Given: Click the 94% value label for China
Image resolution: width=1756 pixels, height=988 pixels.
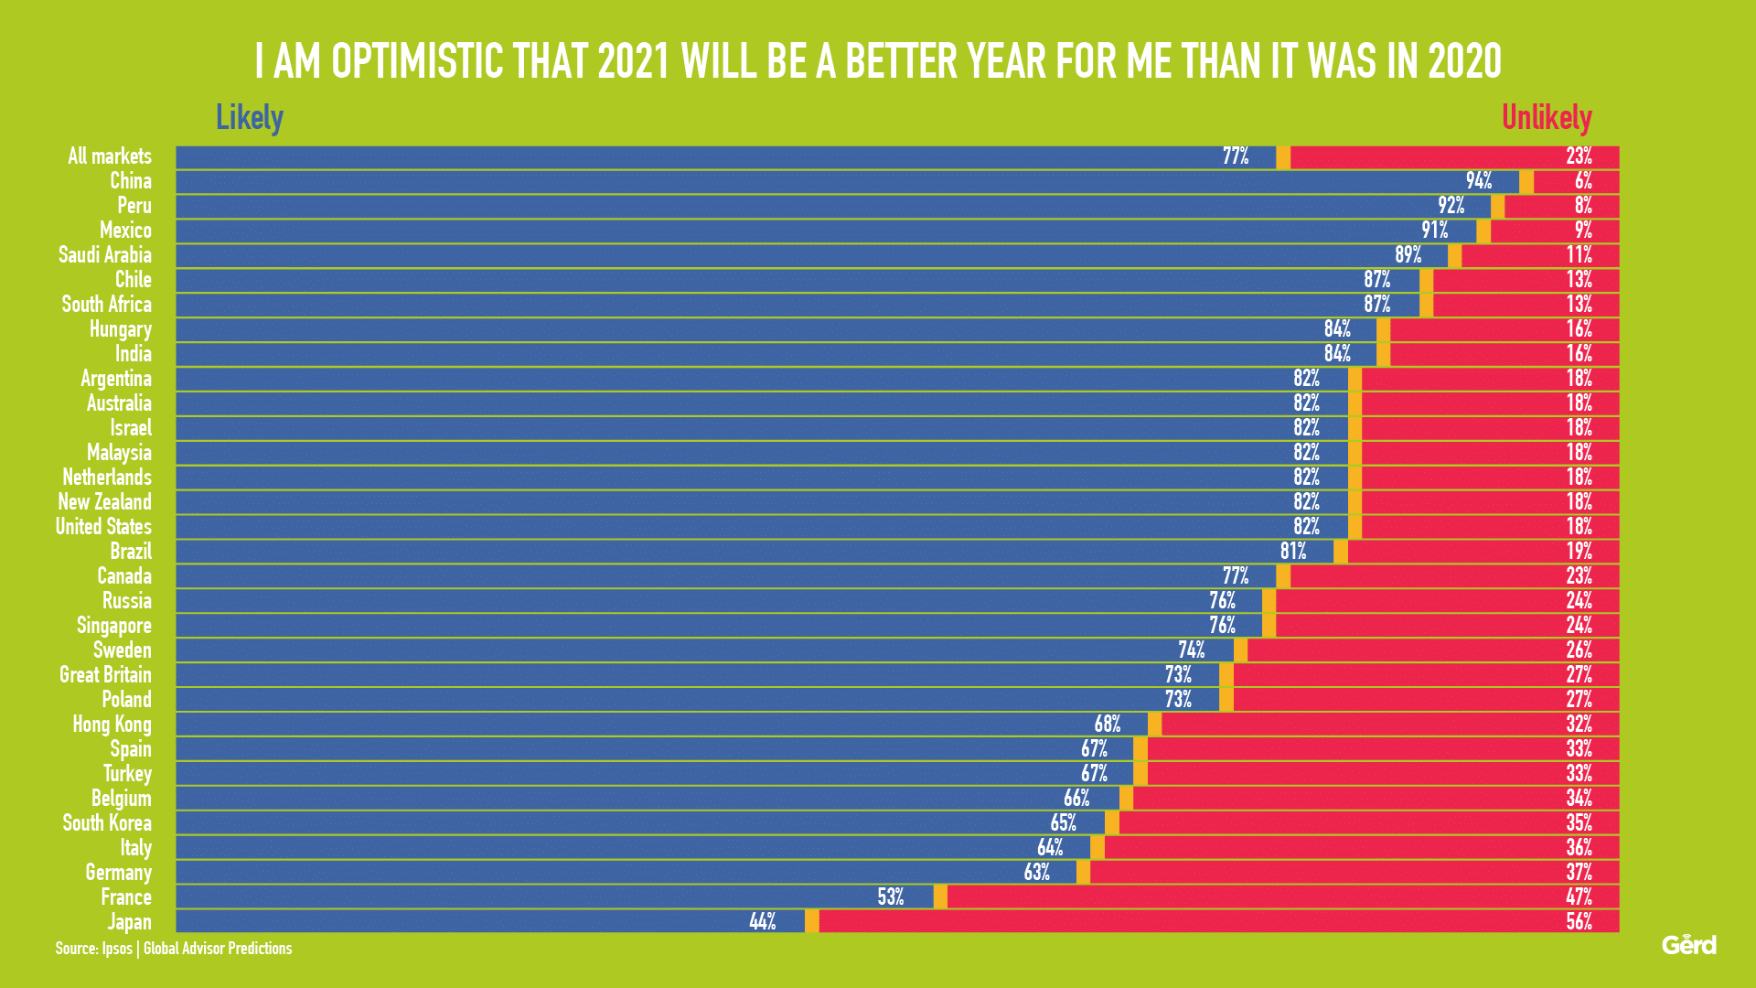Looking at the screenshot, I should point(1478,181).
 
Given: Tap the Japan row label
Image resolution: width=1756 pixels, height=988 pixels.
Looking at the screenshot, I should point(129,922).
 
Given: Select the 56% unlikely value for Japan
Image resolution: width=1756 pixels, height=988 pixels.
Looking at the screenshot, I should point(1579,922).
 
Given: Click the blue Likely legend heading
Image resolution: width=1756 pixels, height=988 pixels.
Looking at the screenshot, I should point(250,118).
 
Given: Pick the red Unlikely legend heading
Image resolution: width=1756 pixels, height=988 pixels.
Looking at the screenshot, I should point(1547,118).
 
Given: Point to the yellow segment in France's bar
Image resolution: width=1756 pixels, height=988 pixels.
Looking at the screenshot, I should point(940,897).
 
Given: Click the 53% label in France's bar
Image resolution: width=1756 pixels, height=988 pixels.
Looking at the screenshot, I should point(890,897).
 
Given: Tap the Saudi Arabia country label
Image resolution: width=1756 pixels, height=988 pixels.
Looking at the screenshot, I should point(105,255).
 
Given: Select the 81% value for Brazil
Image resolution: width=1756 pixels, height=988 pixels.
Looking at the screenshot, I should point(1293,552).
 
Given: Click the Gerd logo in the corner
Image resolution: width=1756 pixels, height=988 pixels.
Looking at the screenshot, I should point(1688,945).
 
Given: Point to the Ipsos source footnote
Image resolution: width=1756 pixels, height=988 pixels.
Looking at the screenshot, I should point(174,949).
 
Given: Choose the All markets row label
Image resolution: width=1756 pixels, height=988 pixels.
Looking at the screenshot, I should point(110,156).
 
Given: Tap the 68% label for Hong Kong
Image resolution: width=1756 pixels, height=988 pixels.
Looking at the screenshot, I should point(1107,725).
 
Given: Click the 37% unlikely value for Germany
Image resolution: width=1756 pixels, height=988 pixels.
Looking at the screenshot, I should point(1579,873).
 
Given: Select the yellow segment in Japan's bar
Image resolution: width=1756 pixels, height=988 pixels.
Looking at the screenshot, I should point(811,921).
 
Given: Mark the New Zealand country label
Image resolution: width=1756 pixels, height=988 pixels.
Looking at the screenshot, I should point(105,502).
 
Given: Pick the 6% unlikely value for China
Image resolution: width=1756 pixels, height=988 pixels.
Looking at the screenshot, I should point(1583,181).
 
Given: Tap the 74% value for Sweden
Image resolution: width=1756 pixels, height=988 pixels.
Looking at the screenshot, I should point(1191,650).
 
